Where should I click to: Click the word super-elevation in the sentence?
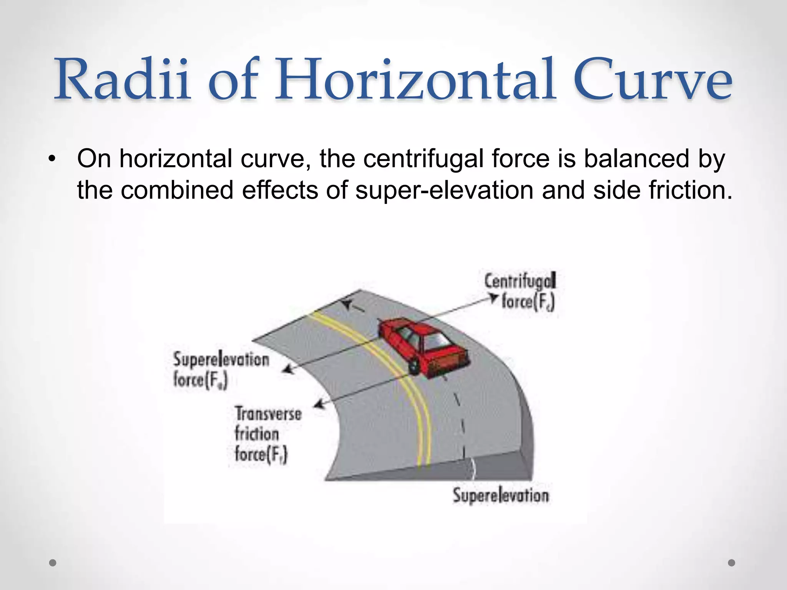click(x=444, y=190)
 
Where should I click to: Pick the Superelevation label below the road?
click(x=500, y=495)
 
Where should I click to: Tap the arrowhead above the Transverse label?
click(x=318, y=404)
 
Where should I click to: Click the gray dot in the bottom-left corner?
click(x=53, y=563)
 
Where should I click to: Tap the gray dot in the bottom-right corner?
click(x=732, y=563)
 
